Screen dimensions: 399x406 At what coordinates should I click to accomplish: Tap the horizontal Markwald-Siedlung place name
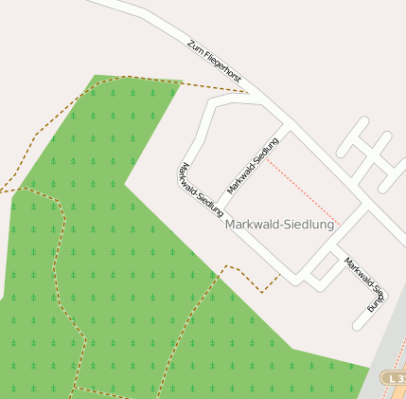pyautogui.click(x=280, y=225)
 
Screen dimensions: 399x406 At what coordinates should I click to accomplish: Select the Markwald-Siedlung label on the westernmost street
pyautogui.click(x=199, y=186)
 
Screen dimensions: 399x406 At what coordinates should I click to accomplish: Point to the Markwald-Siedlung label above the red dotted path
pyautogui.click(x=253, y=167)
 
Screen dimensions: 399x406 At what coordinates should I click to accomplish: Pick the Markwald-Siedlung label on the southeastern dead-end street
pyautogui.click(x=364, y=283)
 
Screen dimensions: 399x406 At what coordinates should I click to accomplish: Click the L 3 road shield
pyautogui.click(x=394, y=377)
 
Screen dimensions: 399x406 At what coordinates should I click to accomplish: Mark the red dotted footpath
pyautogui.click(x=303, y=189)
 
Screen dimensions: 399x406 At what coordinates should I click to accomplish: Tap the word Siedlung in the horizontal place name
pyautogui.click(x=309, y=225)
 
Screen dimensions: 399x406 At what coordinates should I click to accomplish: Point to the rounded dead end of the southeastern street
pyautogui.click(x=359, y=325)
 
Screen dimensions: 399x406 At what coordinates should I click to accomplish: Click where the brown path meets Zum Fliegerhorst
pyautogui.click(x=245, y=93)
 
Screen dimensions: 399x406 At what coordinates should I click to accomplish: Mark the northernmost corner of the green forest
pyautogui.click(x=96, y=76)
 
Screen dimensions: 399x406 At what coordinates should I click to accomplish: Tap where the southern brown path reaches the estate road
pyautogui.click(x=280, y=275)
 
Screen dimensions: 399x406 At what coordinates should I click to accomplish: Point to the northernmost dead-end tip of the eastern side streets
pyautogui.click(x=363, y=122)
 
